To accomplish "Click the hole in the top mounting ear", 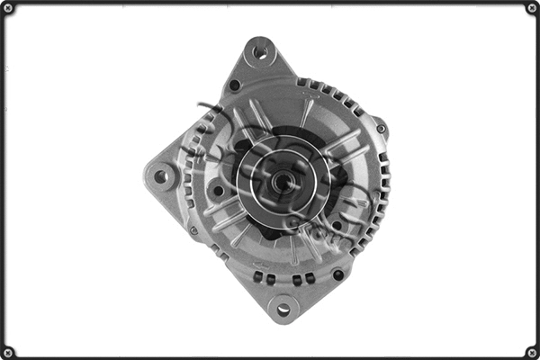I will pyautogui.click(x=260, y=51).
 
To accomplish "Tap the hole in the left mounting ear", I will pyautogui.click(x=162, y=176).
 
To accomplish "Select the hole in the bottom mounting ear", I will pyautogui.click(x=283, y=310).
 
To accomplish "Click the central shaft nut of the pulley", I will pyautogui.click(x=282, y=181).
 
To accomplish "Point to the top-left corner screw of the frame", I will pyautogui.click(x=8, y=8).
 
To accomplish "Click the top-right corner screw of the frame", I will pyautogui.click(x=531, y=8).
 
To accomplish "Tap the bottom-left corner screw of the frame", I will pyautogui.click(x=8, y=351).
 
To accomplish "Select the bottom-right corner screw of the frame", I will pyautogui.click(x=531, y=351).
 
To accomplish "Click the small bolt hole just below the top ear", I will pyautogui.click(x=235, y=85).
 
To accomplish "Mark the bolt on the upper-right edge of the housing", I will pyautogui.click(x=381, y=129).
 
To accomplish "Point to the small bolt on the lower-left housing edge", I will pyautogui.click(x=193, y=230).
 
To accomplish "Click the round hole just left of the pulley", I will pyautogui.click(x=218, y=191).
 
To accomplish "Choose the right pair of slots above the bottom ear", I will pyautogui.click(x=303, y=279).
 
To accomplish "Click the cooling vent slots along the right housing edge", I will pyautogui.click(x=382, y=193).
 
